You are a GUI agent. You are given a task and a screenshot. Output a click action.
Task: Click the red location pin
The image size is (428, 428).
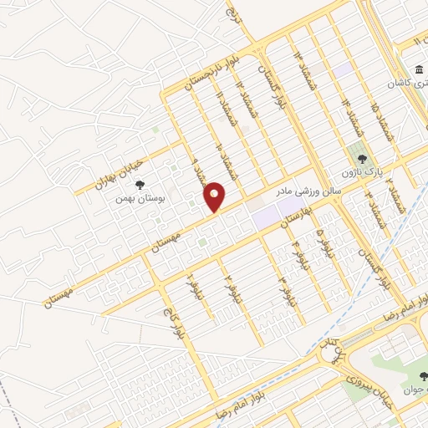click(216, 196)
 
